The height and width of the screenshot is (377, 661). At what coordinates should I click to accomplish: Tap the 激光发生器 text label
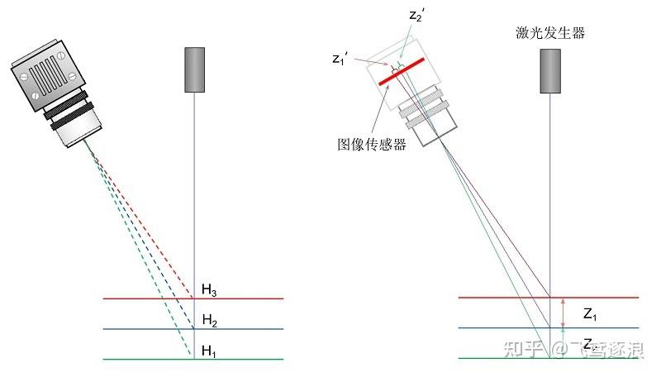[x=549, y=33]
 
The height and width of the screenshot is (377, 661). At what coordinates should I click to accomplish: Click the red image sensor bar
[x=402, y=71]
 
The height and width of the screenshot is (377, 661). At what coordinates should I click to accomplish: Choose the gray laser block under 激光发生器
[x=550, y=69]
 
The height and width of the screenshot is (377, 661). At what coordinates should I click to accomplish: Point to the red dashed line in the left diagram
[x=157, y=223]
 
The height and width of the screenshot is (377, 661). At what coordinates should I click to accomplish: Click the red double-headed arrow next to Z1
[x=564, y=313]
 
